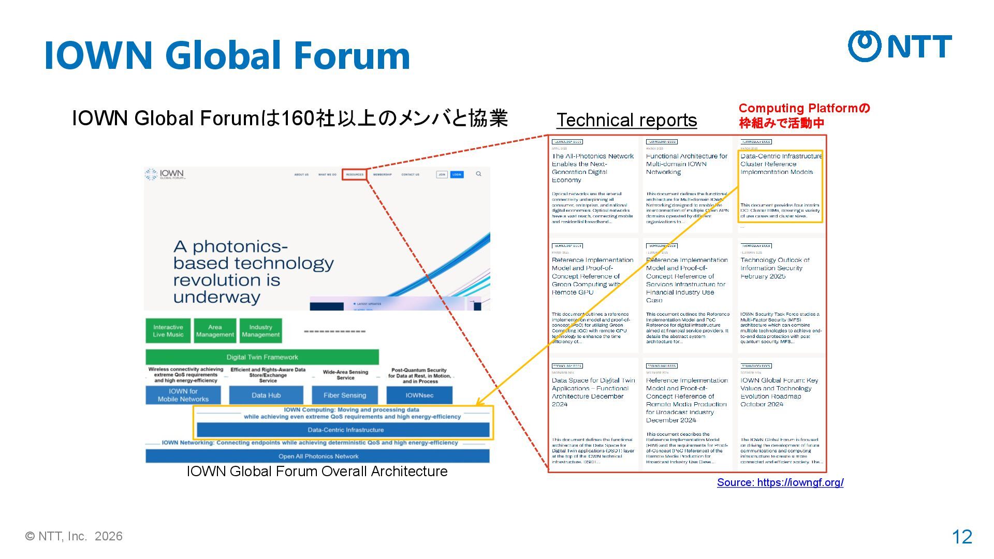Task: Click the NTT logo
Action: (x=900, y=46)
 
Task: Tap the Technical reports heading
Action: (x=626, y=120)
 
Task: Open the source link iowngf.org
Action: (x=780, y=482)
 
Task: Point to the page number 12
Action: (x=962, y=537)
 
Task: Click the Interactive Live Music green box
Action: (x=168, y=331)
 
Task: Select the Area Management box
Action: (x=215, y=331)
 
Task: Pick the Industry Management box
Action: (x=260, y=331)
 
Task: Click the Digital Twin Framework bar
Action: (x=262, y=357)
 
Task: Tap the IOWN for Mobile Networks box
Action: (x=183, y=395)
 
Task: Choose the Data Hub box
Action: (x=266, y=395)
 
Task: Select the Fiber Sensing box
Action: (x=345, y=395)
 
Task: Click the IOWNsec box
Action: (x=419, y=395)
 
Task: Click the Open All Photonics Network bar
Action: (x=317, y=456)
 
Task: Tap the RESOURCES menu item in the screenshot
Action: (x=355, y=174)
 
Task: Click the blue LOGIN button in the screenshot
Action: (x=457, y=174)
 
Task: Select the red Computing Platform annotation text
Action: (x=803, y=115)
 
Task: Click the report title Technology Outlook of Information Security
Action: (x=774, y=268)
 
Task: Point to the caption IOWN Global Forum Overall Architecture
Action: (x=317, y=472)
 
